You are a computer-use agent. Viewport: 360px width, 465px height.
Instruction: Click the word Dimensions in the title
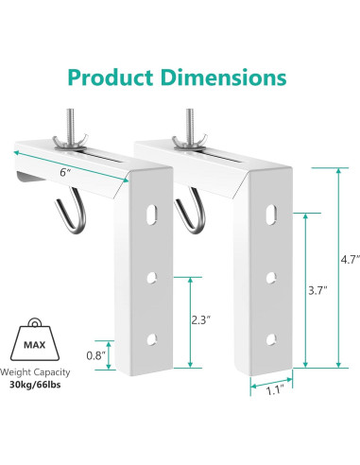coord(223,76)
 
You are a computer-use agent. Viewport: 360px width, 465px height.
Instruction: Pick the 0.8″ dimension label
coord(95,355)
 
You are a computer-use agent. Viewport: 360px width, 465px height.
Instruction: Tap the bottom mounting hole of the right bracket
coord(271,337)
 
